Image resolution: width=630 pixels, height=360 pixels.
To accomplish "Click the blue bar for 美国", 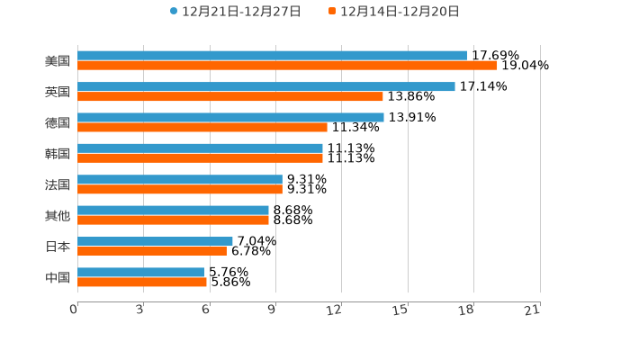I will coord(272,56).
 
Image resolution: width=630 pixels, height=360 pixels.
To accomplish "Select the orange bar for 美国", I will coord(287,66).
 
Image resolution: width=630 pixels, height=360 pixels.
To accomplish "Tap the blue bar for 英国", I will coord(266,86).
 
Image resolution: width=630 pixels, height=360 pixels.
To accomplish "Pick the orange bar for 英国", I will coord(230,96).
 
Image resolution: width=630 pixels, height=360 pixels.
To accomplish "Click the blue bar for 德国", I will coord(230,117).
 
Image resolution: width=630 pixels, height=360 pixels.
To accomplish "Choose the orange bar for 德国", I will coord(202,127).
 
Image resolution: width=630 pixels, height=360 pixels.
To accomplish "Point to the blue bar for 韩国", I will coord(200,148).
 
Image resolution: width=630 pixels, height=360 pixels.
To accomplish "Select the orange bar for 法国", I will coord(180,189).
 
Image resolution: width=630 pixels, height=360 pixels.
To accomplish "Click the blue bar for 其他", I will coord(173,210).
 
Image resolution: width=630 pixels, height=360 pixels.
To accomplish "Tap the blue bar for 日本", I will coord(155,241).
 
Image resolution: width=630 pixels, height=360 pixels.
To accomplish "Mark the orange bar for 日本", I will coord(152,251).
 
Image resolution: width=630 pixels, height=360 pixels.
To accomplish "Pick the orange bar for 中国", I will coord(142,282).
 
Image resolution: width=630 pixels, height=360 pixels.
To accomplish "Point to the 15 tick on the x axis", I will coord(400,310).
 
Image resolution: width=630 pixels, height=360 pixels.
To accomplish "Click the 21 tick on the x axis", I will coord(533,310).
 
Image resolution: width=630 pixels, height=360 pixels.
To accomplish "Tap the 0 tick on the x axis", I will coord(74,310).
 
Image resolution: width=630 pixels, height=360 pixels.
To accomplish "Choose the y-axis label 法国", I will coord(58,184).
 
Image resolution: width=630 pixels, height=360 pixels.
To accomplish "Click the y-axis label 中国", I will coord(58,277).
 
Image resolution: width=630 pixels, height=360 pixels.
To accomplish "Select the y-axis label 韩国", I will coord(58,153).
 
